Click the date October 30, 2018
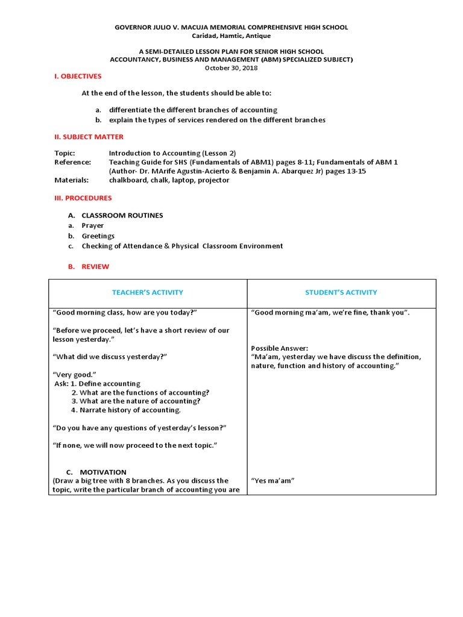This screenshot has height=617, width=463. point(231,67)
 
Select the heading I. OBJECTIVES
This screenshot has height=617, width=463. point(78,77)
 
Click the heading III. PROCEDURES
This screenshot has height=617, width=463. point(83,198)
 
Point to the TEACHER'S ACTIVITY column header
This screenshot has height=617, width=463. point(148,292)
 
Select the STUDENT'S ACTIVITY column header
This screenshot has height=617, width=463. point(341,292)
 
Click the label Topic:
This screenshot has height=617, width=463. point(65,154)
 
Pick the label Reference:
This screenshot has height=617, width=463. point(72,162)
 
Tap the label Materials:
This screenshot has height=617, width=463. point(71,180)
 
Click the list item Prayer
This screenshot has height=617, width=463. point(92,226)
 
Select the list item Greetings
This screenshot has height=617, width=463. point(98,236)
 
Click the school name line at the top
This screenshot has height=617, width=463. point(231,28)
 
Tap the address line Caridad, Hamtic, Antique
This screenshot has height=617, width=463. point(231,36)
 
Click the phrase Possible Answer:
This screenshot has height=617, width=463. point(279,348)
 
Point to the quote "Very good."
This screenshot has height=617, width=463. point(75,375)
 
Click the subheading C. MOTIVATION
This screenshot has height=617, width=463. point(96,472)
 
